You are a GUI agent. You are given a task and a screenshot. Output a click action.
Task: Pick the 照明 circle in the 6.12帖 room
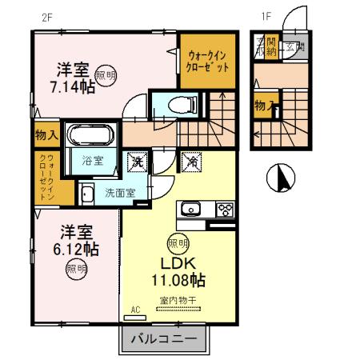[x=76, y=270]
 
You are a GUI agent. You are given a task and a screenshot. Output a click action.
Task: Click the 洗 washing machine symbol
[x=137, y=160]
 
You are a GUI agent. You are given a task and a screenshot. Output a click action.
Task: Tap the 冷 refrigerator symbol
[x=193, y=160]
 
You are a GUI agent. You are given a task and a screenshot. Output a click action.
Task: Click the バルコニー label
[x=169, y=340]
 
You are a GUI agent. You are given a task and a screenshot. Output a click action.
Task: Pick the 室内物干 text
[x=178, y=301]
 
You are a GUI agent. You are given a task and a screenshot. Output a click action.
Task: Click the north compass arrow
[x=281, y=176]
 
